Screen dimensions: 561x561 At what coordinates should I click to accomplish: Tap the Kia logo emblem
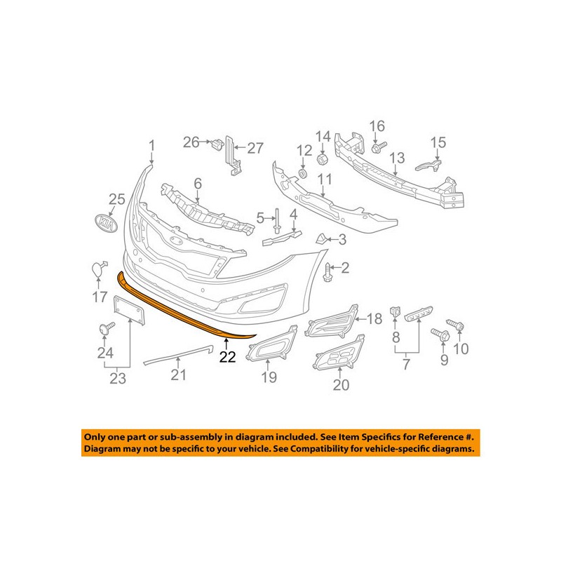(x=105, y=224)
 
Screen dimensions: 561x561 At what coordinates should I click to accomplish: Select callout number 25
(x=116, y=200)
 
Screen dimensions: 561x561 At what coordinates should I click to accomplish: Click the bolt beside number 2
(x=327, y=271)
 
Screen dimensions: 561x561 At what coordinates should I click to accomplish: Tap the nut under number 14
(x=321, y=156)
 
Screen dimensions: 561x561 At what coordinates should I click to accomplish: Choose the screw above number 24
(x=107, y=327)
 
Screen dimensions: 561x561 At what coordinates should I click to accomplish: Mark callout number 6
(x=198, y=184)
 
